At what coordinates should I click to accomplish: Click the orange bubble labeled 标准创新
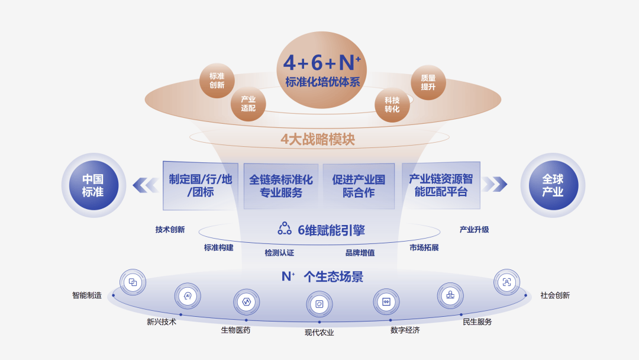click(x=217, y=81)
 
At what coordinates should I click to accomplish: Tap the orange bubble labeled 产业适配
click(x=248, y=104)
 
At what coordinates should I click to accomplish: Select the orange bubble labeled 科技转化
click(x=392, y=105)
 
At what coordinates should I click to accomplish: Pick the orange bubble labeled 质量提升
click(x=428, y=82)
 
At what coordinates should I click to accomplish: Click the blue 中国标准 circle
click(x=93, y=185)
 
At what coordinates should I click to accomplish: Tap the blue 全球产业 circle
click(x=553, y=185)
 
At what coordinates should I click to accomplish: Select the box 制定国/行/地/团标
click(x=201, y=185)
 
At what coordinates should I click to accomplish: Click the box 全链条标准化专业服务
click(x=281, y=186)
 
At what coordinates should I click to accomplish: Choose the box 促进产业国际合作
click(x=359, y=186)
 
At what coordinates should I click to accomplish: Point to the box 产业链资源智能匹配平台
click(x=441, y=185)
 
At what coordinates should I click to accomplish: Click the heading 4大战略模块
click(x=318, y=140)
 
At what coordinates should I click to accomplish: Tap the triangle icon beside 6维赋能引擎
click(x=285, y=229)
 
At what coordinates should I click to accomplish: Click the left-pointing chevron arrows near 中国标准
click(x=144, y=185)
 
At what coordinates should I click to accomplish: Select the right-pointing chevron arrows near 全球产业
click(x=494, y=184)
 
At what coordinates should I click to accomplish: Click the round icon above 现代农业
click(x=319, y=304)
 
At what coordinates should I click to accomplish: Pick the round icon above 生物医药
click(x=246, y=301)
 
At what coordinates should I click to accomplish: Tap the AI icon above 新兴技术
click(x=188, y=295)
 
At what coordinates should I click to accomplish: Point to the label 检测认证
click(x=279, y=253)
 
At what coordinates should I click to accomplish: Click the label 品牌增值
click(x=360, y=253)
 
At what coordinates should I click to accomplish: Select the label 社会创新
click(x=555, y=295)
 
